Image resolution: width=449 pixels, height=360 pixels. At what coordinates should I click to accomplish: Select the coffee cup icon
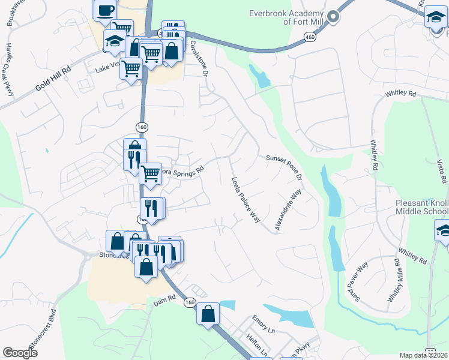coord(105,10)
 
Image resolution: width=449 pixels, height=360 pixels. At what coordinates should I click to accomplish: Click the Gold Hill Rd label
coord(53,79)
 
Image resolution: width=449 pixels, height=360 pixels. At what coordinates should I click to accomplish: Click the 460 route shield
coord(309,37)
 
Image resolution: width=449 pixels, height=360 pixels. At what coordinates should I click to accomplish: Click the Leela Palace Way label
coord(246,199)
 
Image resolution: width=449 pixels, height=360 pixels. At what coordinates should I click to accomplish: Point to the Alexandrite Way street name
coord(288,210)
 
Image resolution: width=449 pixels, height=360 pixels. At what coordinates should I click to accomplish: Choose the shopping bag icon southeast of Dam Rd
coord(208,314)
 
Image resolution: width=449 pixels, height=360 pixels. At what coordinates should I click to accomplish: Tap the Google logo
coord(20,353)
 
